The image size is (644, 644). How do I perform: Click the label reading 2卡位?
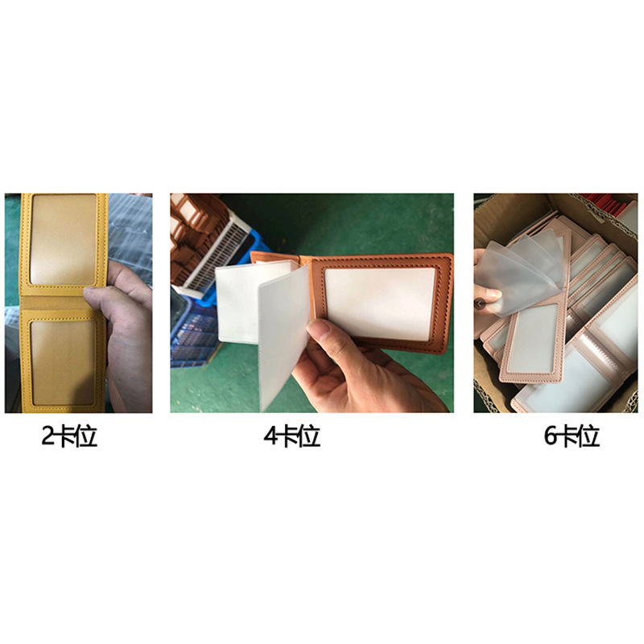[x=69, y=436]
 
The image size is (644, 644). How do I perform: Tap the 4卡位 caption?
[x=291, y=436]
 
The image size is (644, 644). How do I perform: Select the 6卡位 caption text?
[x=572, y=436]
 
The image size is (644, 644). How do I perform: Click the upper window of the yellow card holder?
[x=63, y=239]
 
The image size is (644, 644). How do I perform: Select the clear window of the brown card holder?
[x=378, y=303]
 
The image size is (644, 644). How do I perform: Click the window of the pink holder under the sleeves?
[x=535, y=338]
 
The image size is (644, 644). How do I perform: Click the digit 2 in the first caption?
[x=49, y=436]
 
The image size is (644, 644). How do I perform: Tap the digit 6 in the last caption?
[x=551, y=436]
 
